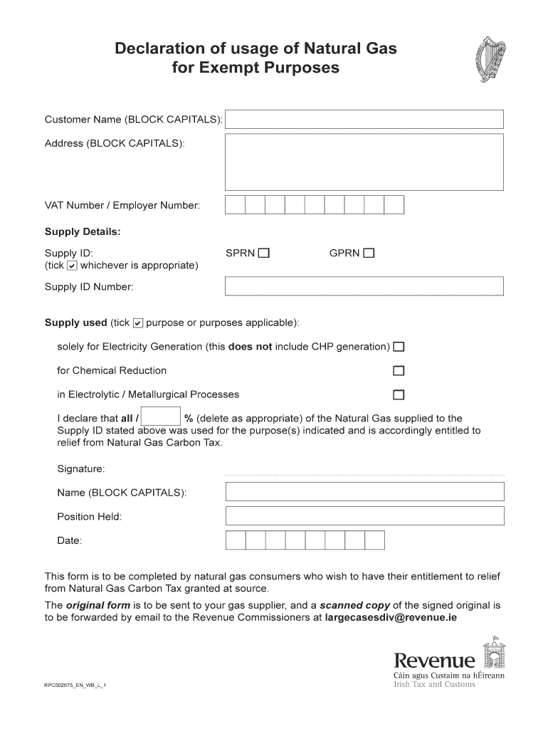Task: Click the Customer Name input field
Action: (364, 120)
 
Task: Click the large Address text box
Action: (364, 162)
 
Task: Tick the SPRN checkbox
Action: (264, 253)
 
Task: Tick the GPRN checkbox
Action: (369, 253)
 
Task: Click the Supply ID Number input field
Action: (364, 286)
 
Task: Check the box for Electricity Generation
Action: (399, 347)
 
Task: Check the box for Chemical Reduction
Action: (399, 371)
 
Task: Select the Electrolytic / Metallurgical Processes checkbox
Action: (399, 395)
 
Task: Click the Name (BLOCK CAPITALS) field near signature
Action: (364, 492)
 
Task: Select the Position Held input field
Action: (364, 516)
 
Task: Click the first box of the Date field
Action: (236, 540)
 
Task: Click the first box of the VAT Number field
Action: (235, 205)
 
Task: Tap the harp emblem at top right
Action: (489, 61)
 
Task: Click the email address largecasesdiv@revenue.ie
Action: (391, 618)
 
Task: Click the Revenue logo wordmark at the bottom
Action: (434, 661)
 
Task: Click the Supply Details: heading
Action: (83, 232)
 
